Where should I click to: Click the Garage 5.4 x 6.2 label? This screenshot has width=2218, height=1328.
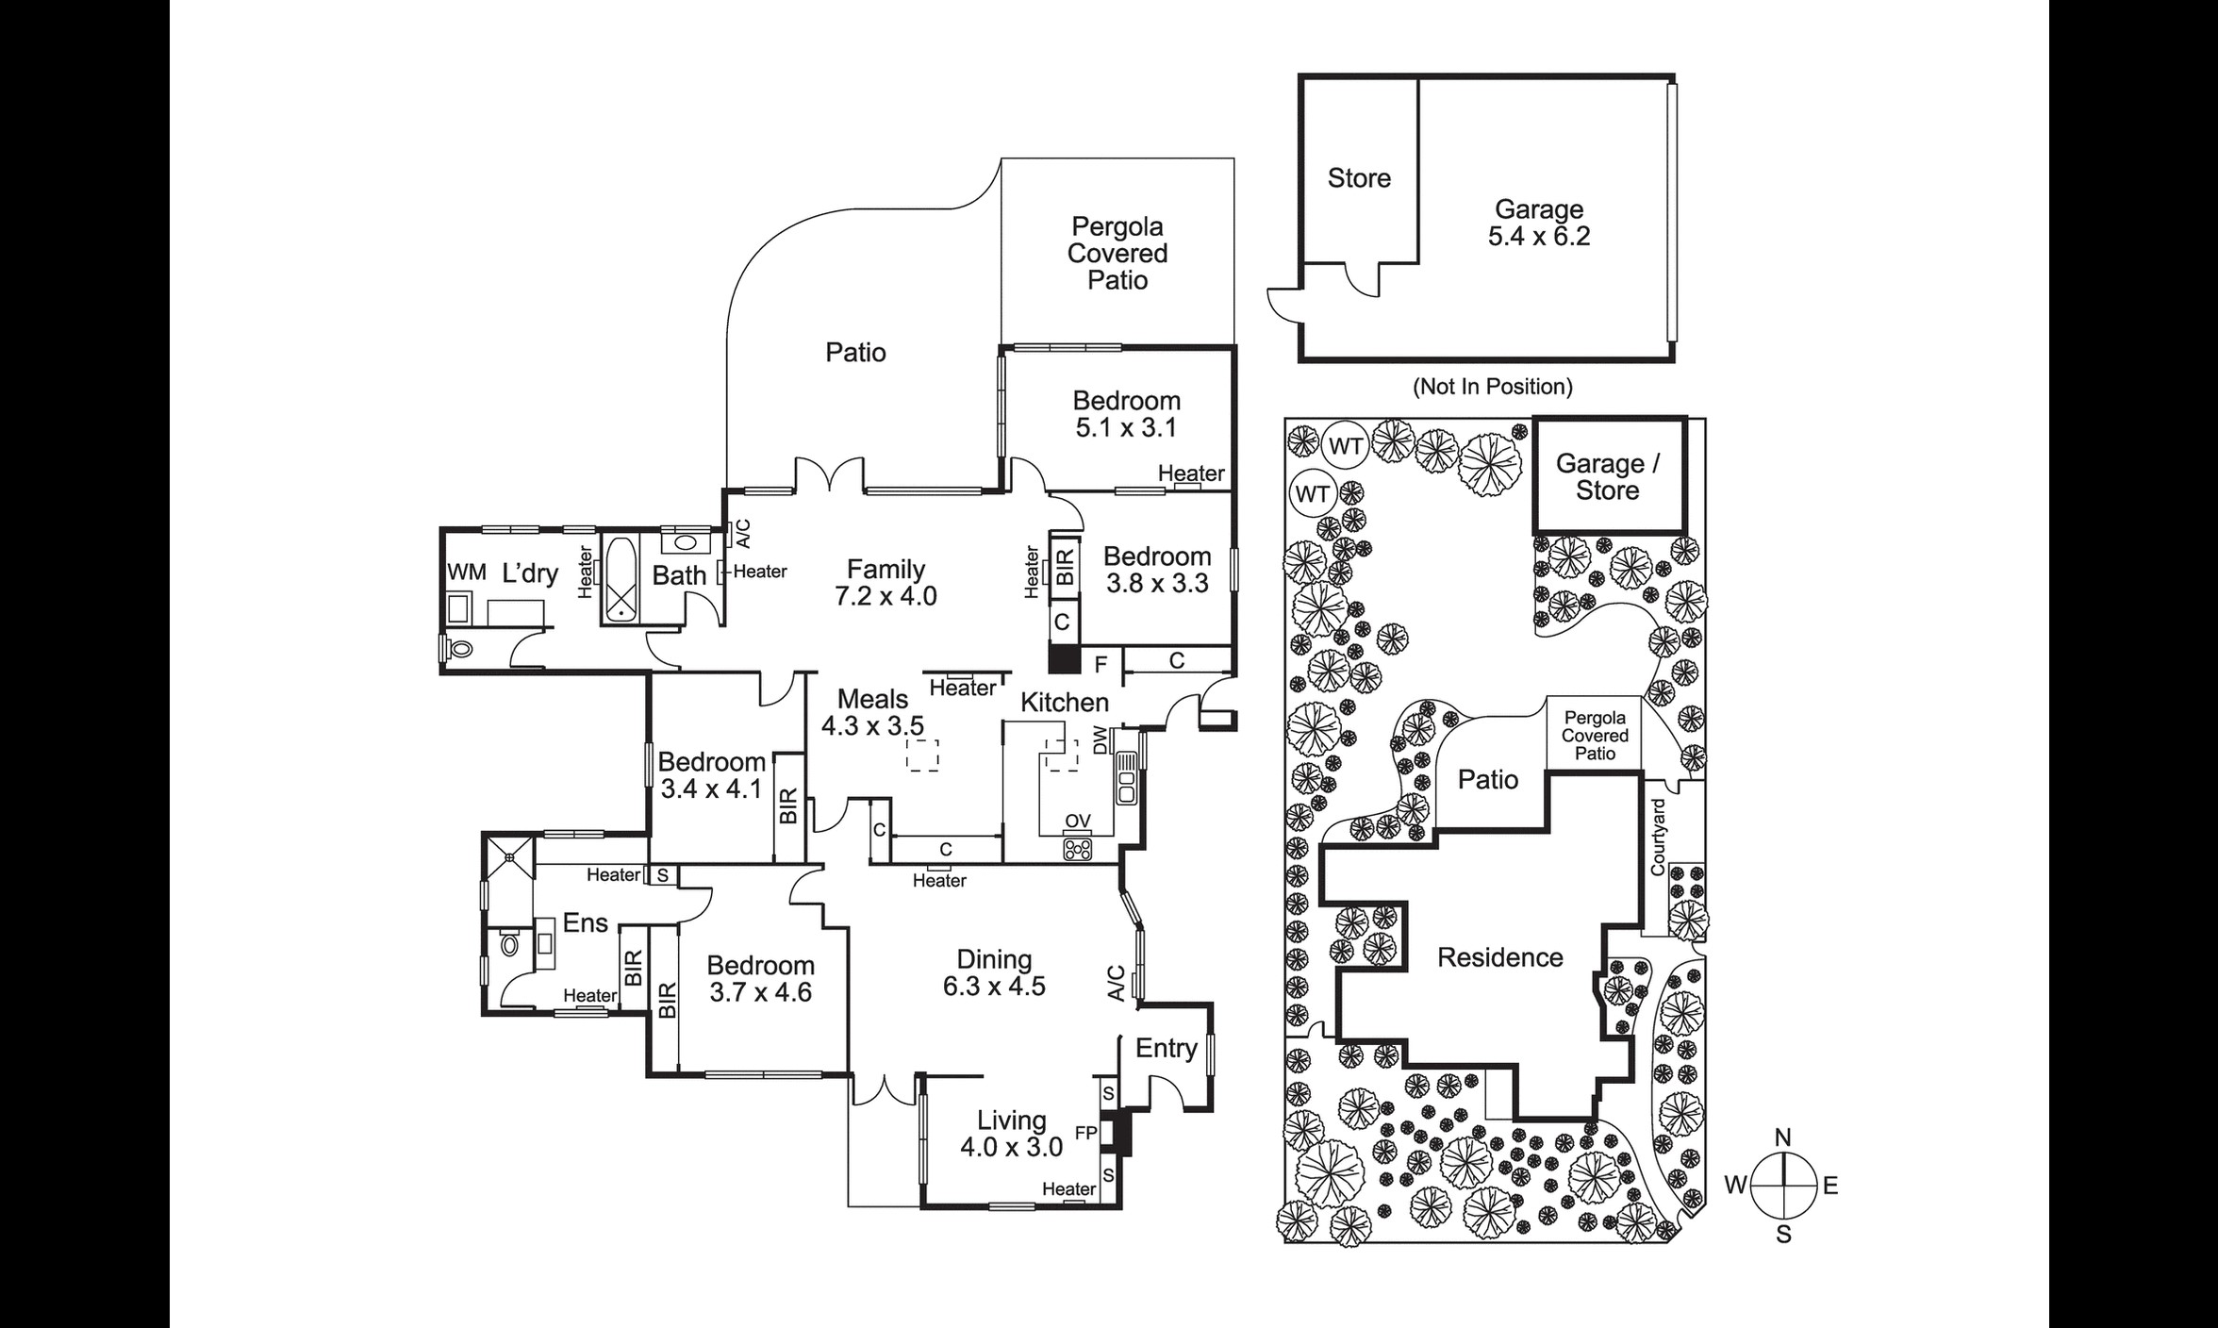coord(1538,224)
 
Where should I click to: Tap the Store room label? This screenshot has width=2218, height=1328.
coord(1359,178)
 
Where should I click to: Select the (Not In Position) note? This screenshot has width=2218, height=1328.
coord(1492,387)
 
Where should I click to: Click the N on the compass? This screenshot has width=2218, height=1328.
coord(1782,1138)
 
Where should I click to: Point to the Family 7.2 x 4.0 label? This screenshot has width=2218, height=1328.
coord(886,583)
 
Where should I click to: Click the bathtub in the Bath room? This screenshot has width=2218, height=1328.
coord(620,578)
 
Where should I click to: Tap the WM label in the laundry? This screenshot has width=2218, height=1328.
coord(466,573)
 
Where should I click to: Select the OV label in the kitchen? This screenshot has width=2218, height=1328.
coord(1077,822)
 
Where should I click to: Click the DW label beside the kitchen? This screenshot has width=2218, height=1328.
coord(1101,740)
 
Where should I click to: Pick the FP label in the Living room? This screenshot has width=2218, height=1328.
coord(1085,1133)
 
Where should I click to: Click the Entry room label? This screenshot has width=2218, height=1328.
coord(1166,1049)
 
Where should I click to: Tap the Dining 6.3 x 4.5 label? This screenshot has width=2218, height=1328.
coord(994,973)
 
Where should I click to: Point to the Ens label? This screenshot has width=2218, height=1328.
coord(585,923)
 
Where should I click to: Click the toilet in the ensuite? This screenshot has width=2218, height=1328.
coord(509,944)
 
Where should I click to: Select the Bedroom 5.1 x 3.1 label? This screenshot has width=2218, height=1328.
coord(1126,414)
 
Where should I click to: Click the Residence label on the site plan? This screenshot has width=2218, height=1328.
coord(1499,958)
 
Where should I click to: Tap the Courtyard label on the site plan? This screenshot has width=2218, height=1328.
coord(1658,838)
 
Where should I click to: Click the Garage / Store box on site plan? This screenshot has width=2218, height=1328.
coord(1608,477)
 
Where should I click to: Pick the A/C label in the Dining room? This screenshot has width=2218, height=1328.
coord(1116,984)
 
